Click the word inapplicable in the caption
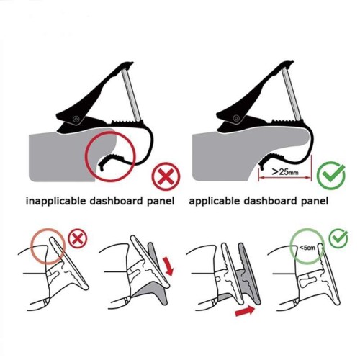pyautogui.click(x=55, y=201)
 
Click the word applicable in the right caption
pyautogui.click(x=215, y=201)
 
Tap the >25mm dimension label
pyautogui.click(x=285, y=172)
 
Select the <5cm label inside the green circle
pyautogui.click(x=307, y=248)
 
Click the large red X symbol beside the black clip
pyautogui.click(x=166, y=176)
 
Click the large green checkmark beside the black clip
pyautogui.click(x=331, y=176)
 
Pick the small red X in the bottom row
pyautogui.click(x=78, y=238)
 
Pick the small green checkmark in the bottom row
pyautogui.click(x=338, y=238)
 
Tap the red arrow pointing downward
pyautogui.click(x=168, y=266)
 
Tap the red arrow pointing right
pyautogui.click(x=245, y=311)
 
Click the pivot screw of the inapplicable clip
pyautogui.click(x=76, y=119)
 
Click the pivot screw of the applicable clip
pyautogui.click(x=236, y=118)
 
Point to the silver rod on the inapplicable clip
pyautogui.click(x=132, y=94)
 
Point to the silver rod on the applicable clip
pyautogui.click(x=292, y=94)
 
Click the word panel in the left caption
pyautogui.click(x=161, y=201)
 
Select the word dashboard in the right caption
pyautogui.click(x=270, y=201)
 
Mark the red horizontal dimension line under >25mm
pyautogui.click(x=285, y=178)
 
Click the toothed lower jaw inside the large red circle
pyautogui.click(x=112, y=160)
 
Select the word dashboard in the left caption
pyautogui.click(x=116, y=201)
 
